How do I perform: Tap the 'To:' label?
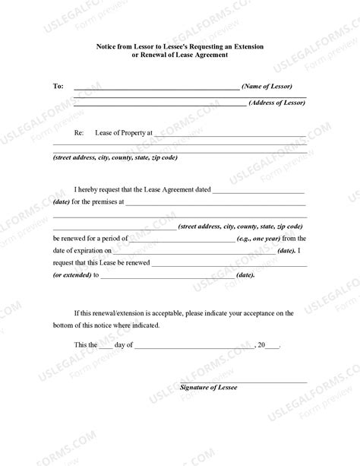[x=58, y=86]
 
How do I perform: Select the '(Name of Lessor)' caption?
[x=267, y=86]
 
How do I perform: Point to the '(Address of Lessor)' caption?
[x=276, y=102]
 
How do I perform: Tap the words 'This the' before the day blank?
[x=86, y=344]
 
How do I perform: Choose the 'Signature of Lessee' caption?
[x=209, y=388]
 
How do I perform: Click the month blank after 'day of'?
[x=194, y=347]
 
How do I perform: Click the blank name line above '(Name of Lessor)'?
[x=156, y=88]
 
